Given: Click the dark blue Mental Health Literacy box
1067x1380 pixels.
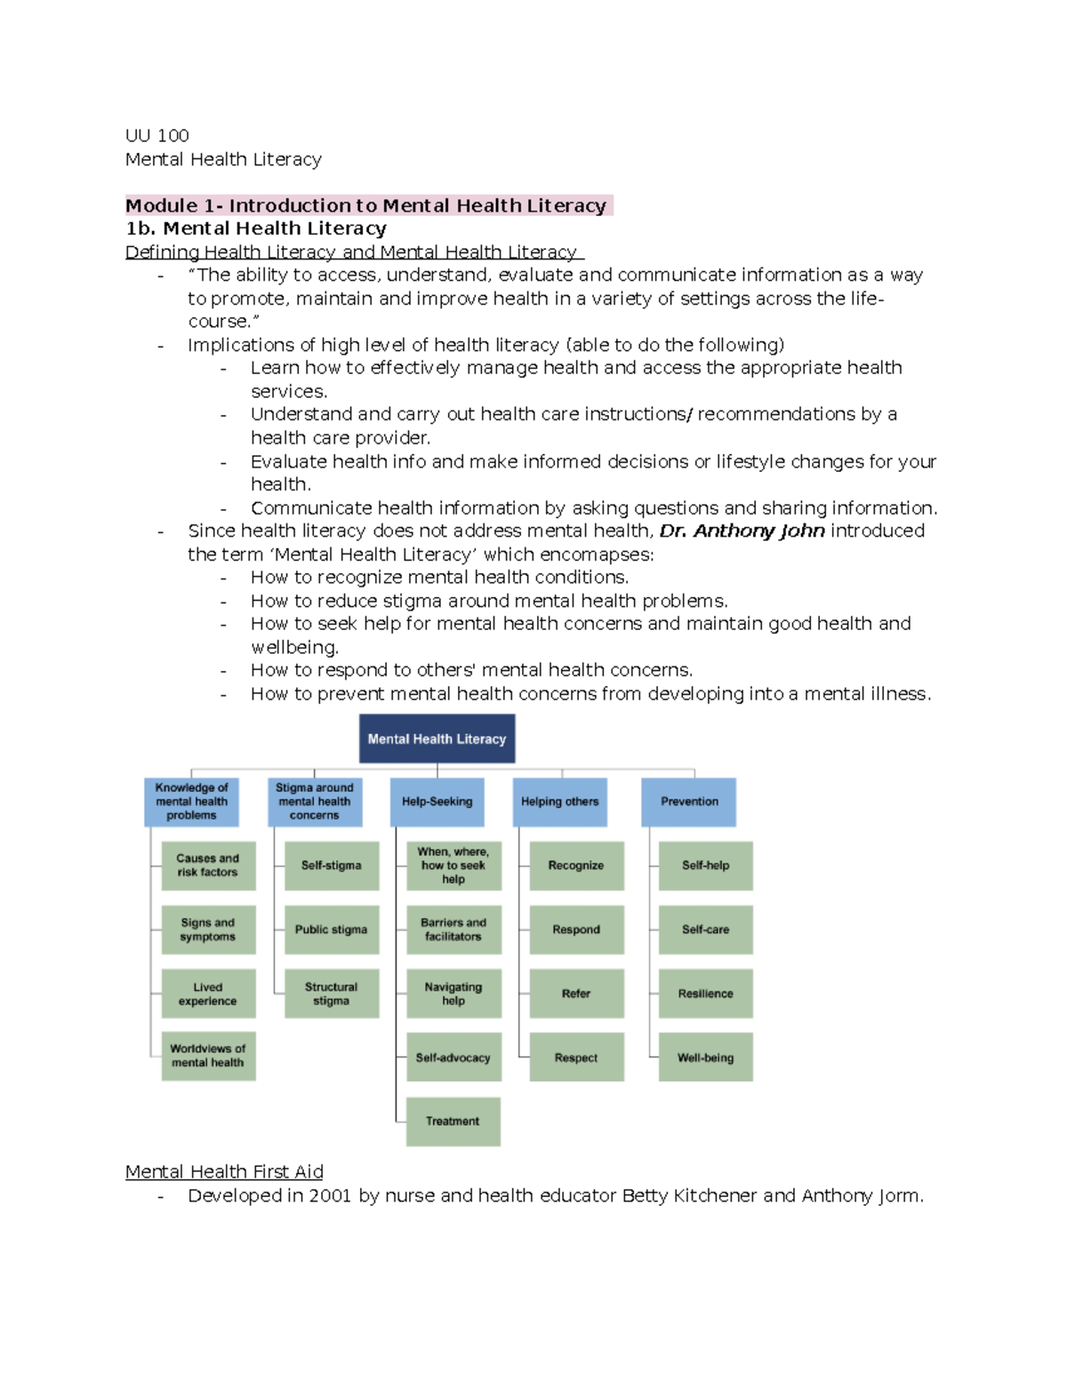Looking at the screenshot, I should click(437, 738).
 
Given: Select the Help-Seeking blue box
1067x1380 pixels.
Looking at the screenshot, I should click(437, 802).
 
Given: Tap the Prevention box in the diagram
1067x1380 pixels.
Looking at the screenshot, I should click(689, 802).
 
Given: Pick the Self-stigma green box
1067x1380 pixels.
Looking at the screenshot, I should click(332, 865).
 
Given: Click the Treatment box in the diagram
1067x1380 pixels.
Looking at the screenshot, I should click(453, 1121).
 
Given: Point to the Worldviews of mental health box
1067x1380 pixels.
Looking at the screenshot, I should click(208, 1056).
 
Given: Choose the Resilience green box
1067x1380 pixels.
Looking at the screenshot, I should click(705, 993).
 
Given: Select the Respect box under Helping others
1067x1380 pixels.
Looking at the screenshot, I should click(576, 1057).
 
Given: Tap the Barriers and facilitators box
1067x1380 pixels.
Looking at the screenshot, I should click(453, 929).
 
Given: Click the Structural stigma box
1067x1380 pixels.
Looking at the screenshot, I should click(332, 993).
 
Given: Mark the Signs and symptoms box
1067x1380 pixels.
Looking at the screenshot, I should click(208, 929).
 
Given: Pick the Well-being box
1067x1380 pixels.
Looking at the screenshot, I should click(705, 1057).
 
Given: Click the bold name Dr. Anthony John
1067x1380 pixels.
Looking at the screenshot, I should click(742, 531).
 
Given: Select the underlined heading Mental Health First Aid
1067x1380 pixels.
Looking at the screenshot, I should click(224, 1172).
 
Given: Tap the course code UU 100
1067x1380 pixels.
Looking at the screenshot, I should click(157, 136).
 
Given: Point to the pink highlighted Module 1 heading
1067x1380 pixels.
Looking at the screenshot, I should click(366, 206).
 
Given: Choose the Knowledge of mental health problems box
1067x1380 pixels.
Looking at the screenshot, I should click(191, 802).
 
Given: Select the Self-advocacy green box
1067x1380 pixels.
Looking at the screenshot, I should click(453, 1057).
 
